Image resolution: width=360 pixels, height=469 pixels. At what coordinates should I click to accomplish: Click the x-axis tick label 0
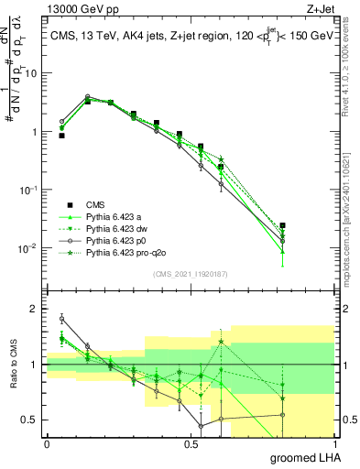[x=47, y=442]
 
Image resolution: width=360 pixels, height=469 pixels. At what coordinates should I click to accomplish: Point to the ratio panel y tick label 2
[x=36, y=309]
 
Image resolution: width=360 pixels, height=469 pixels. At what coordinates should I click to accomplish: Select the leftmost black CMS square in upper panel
[x=61, y=136]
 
